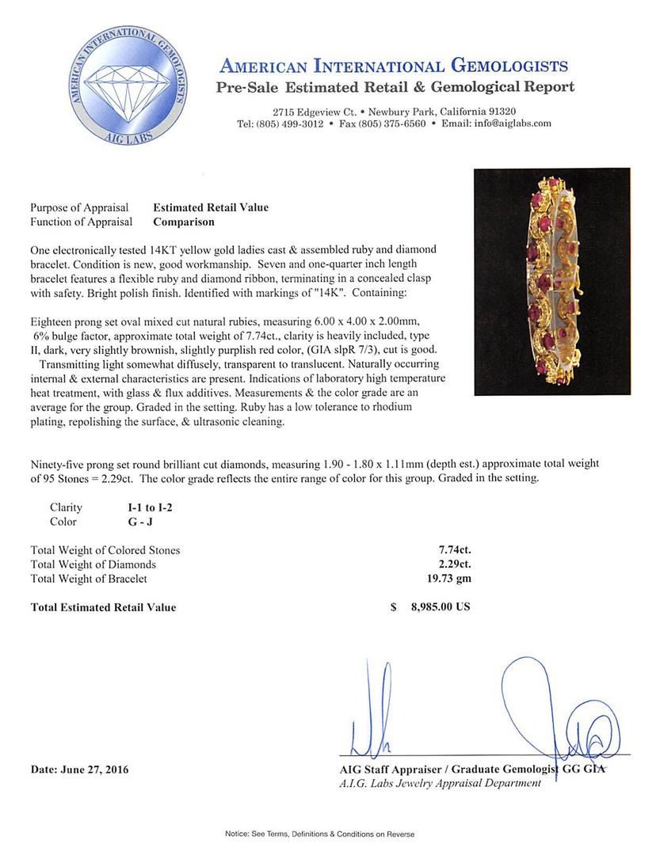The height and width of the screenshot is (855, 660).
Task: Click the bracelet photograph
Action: click(x=551, y=281)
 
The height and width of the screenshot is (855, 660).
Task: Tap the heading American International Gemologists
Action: click(x=393, y=66)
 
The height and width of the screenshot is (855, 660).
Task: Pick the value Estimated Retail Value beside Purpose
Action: click(x=211, y=207)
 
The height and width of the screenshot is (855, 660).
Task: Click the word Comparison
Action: click(x=183, y=222)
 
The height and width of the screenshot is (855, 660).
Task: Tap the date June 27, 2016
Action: click(x=80, y=769)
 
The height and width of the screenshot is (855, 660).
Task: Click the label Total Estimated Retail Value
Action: click(x=103, y=607)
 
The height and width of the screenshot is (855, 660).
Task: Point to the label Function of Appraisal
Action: click(x=82, y=222)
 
